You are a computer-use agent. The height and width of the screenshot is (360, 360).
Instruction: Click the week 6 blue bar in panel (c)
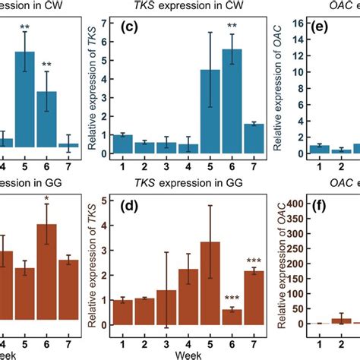[x=233, y=113]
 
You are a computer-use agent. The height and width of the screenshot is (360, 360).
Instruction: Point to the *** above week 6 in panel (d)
[x=233, y=298]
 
